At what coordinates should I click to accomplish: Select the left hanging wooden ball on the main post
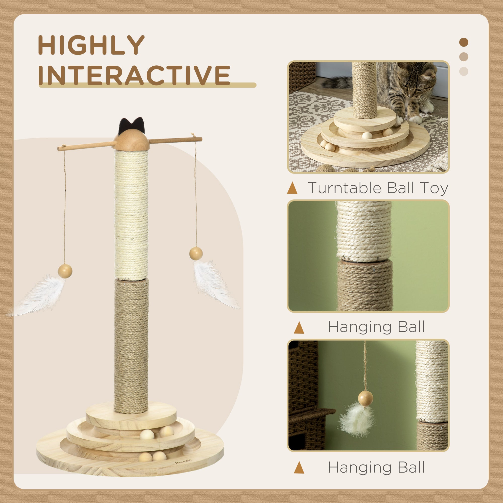coord(65,271)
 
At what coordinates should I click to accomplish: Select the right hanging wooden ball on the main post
coord(196,253)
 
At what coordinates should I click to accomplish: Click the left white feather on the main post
coord(39,297)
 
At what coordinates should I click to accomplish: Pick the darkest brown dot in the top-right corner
coord(464,42)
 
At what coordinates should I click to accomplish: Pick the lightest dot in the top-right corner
coord(464,71)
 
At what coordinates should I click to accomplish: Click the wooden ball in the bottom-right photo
coord(365,398)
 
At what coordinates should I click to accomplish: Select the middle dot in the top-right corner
coord(464,57)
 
